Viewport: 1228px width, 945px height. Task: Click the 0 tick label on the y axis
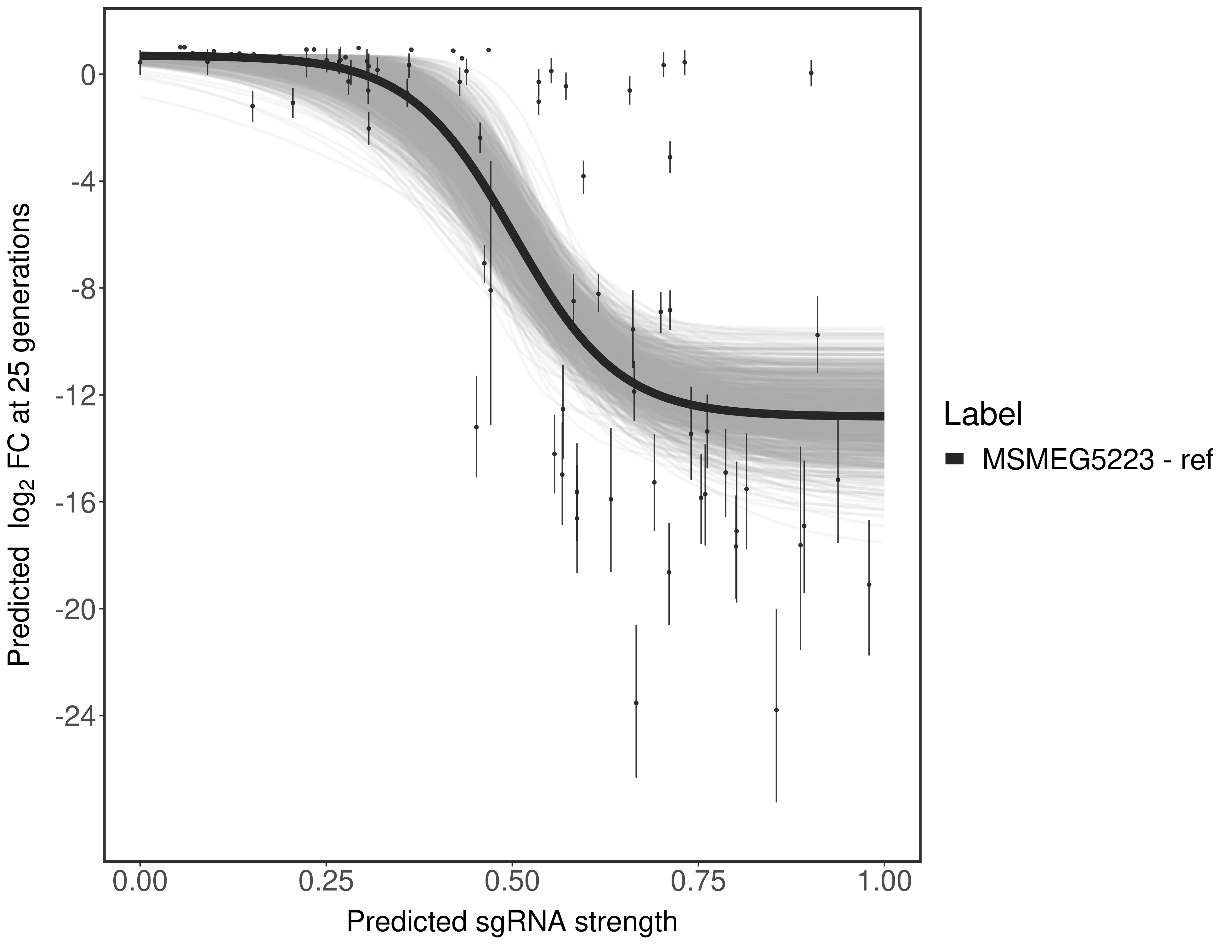tap(87, 75)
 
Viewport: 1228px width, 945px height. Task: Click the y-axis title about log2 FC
tap(20, 434)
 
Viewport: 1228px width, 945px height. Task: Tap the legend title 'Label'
tap(983, 415)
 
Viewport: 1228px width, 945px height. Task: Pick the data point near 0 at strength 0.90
tap(811, 72)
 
